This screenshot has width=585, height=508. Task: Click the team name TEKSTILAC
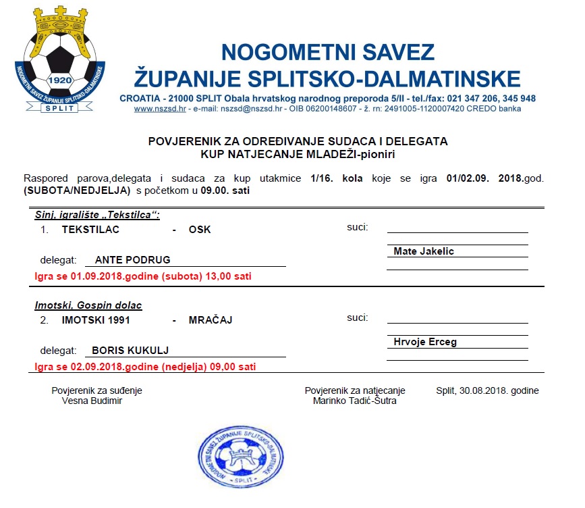[x=90, y=230]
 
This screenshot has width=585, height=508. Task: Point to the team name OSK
[x=200, y=230]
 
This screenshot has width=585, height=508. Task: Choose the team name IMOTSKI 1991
[x=96, y=320]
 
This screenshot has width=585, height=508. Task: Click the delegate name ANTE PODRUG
[x=132, y=259]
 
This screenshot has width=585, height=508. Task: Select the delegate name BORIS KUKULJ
[x=130, y=350]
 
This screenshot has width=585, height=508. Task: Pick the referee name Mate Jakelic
[x=424, y=251]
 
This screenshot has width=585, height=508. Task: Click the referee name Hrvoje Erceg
[x=425, y=342]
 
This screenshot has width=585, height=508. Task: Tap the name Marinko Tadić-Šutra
[x=355, y=401]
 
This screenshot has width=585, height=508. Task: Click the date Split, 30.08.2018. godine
[x=487, y=390]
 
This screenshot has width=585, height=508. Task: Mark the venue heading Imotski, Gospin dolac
[x=88, y=305]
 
